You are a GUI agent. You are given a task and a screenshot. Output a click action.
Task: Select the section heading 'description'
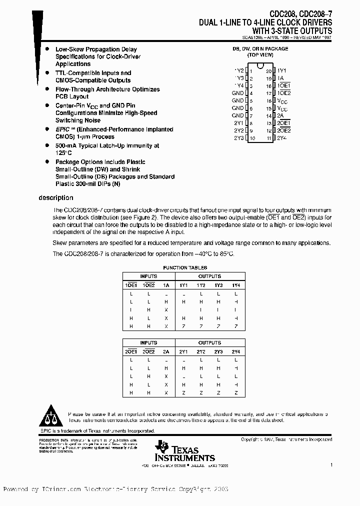[x=56, y=198]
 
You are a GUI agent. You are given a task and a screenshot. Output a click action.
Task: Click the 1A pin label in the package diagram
[x=281, y=78]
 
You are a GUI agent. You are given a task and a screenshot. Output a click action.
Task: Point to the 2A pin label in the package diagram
[x=280, y=115]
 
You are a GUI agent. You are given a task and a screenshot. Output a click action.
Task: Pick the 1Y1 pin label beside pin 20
[x=282, y=71]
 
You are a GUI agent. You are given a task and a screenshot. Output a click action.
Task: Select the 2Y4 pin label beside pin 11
[x=282, y=137]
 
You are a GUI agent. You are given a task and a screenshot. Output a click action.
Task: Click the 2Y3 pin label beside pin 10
[x=238, y=137]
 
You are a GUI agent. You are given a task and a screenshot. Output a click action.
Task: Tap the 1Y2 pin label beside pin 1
[x=238, y=71]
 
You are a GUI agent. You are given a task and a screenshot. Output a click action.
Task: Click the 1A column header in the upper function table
[x=165, y=285]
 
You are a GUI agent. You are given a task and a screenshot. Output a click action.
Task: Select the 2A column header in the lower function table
[x=165, y=351]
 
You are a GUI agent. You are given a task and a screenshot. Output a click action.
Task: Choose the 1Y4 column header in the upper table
[x=235, y=285]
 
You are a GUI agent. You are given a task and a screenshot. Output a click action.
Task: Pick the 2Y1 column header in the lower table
[x=183, y=351]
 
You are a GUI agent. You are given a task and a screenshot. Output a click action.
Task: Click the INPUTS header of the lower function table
[x=148, y=343]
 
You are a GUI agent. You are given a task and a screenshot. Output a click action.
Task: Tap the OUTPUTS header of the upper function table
[x=209, y=276]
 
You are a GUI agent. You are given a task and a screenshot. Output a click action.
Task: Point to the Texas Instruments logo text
[x=191, y=453]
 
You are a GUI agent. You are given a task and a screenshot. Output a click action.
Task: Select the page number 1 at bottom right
[x=331, y=465]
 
